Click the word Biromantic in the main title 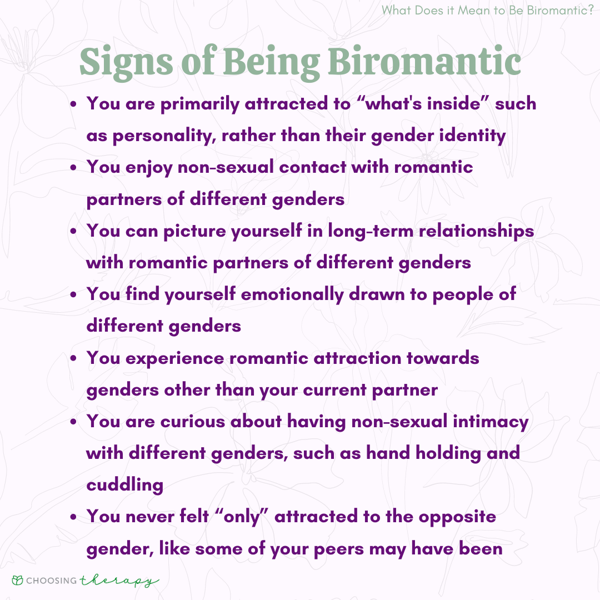(424, 61)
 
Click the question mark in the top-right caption (589, 10)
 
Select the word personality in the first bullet (164, 137)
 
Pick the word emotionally (292, 294)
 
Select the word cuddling (125, 485)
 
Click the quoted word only (242, 517)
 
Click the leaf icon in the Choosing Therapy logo (18, 580)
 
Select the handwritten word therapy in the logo (119, 581)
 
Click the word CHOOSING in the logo (52, 581)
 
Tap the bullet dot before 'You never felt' (73, 517)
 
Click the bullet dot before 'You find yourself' (73, 295)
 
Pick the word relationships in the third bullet (477, 232)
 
